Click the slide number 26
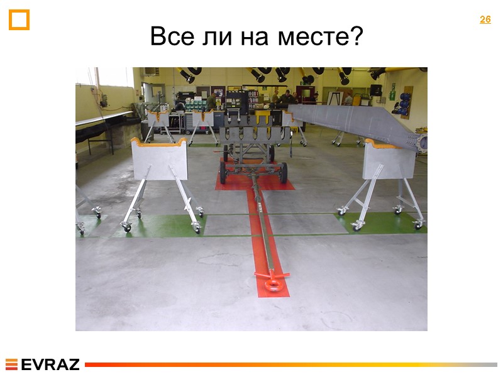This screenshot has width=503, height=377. coord(485,19)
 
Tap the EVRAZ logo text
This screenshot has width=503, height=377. coord(50,364)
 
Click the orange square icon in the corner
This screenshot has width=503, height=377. coord(19,19)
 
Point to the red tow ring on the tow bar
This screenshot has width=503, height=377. coord(274,285)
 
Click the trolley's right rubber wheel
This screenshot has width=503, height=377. coord(284,172)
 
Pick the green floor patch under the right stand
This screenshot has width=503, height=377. coord(377,221)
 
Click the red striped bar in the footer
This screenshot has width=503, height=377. coord(289,364)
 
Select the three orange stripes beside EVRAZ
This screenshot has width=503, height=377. coord(11,364)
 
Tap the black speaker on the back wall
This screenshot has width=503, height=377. coord(375,90)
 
